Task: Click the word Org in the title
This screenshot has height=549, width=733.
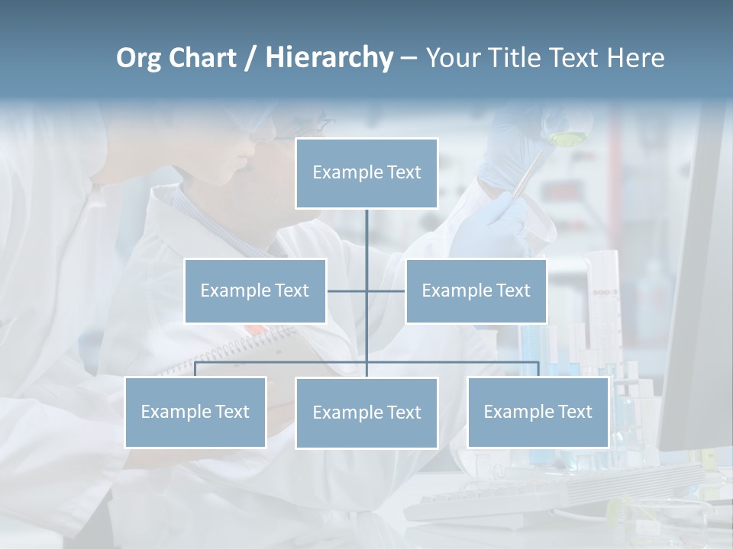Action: pyautogui.click(x=138, y=58)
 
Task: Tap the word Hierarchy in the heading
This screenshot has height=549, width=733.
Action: pyautogui.click(x=328, y=58)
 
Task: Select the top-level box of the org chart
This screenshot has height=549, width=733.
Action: pyautogui.click(x=366, y=173)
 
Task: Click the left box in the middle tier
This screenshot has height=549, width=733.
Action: pyautogui.click(x=255, y=291)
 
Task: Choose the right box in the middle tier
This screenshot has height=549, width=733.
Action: pyautogui.click(x=476, y=291)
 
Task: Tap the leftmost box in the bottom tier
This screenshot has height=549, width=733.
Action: pyautogui.click(x=195, y=412)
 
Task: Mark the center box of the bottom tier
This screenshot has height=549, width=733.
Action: pyautogui.click(x=366, y=413)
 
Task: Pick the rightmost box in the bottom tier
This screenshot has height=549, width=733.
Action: pyautogui.click(x=538, y=412)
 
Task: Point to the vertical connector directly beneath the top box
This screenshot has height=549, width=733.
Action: pyautogui.click(x=366, y=236)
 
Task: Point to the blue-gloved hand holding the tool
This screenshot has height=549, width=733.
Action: pyautogui.click(x=496, y=217)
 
